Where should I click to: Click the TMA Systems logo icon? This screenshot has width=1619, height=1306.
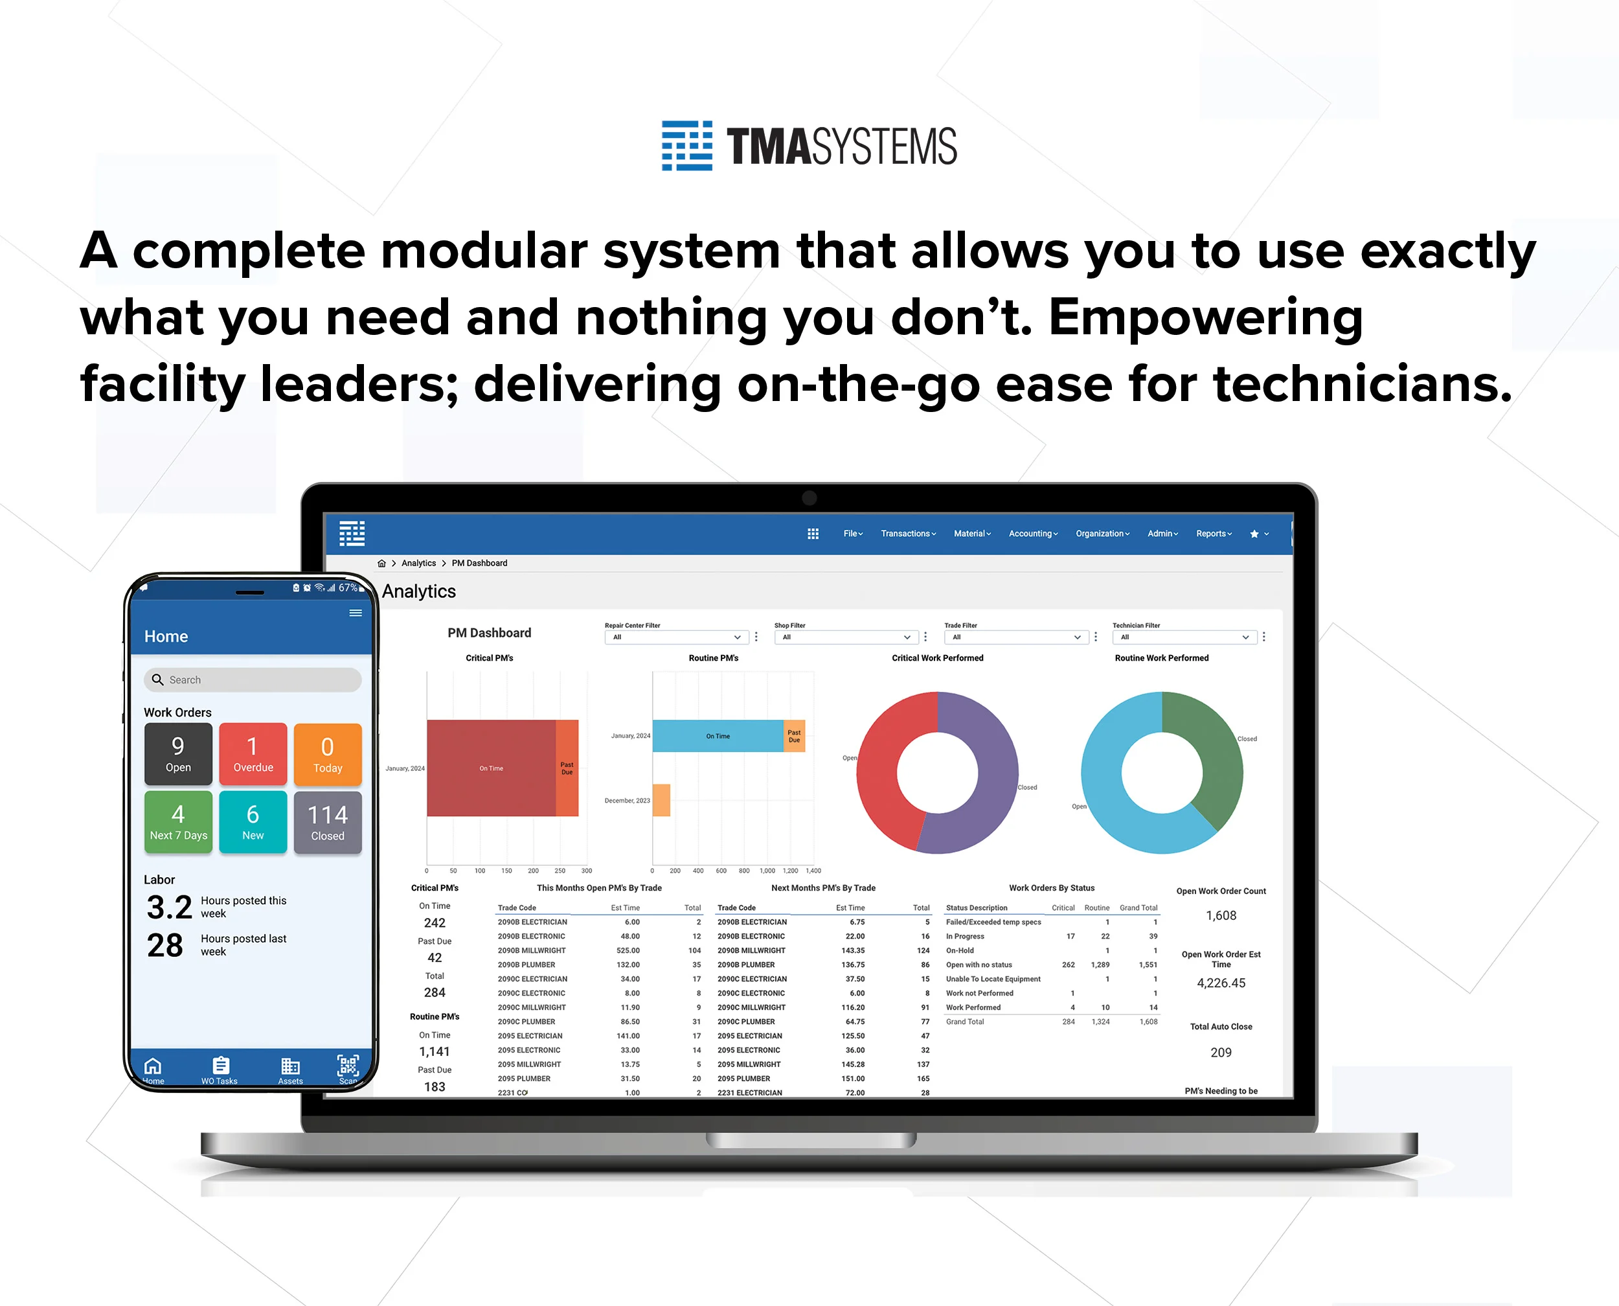point(686,145)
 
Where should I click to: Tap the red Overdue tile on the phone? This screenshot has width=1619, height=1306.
point(253,753)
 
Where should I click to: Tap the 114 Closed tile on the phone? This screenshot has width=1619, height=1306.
point(327,821)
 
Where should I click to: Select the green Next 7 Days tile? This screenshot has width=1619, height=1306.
point(178,821)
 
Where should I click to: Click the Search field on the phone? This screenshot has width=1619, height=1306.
point(253,680)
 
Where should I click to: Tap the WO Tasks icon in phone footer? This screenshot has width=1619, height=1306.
point(220,1069)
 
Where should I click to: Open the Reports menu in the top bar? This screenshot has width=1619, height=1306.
point(1213,533)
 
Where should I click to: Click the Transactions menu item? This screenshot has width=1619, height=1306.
point(908,533)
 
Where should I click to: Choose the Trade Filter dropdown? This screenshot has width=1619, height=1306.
point(1015,637)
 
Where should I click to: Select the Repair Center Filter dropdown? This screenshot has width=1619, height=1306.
point(675,637)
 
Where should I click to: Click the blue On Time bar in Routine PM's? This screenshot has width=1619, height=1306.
point(717,736)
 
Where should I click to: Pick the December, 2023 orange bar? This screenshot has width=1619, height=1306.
point(661,799)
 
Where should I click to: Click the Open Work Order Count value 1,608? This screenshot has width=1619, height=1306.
point(1221,915)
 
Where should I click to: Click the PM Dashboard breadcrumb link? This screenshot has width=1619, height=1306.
point(479,563)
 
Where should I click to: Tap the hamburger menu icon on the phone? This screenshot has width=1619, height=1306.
point(356,613)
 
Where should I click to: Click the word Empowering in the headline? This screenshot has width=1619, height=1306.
point(1205,317)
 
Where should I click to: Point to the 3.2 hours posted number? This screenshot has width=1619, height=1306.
point(169,908)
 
